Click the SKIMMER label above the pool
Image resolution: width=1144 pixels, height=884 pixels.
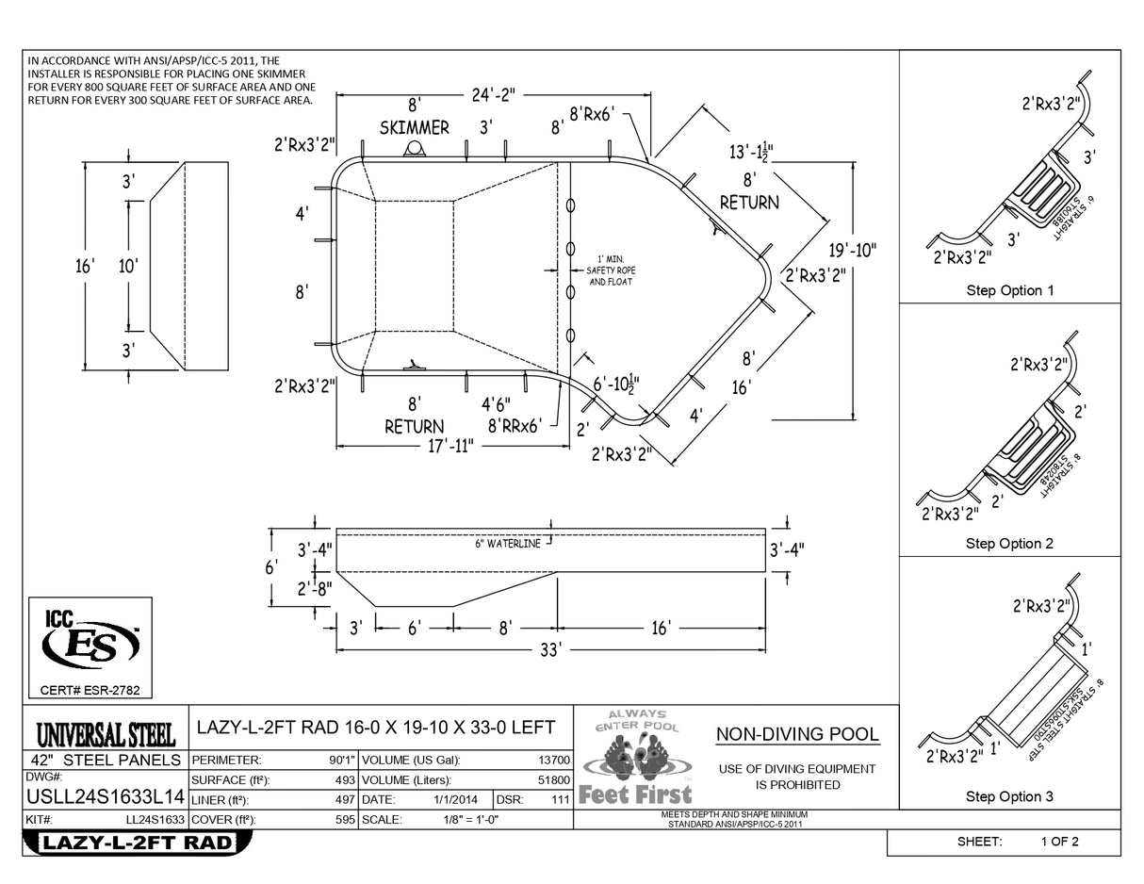click(414, 127)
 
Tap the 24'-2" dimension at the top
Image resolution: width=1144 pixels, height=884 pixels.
click(493, 94)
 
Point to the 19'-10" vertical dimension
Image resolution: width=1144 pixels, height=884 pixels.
click(852, 251)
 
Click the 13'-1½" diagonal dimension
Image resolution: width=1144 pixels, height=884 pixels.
click(750, 153)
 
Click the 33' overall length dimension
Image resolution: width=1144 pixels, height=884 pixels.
click(550, 650)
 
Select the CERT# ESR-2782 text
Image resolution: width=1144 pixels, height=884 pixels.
click(90, 691)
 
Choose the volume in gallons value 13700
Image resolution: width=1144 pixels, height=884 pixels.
click(552, 760)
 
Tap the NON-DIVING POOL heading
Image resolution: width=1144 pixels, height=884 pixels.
click(797, 734)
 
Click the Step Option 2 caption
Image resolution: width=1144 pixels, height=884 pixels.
click(1009, 544)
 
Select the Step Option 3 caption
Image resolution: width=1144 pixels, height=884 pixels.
click(1009, 796)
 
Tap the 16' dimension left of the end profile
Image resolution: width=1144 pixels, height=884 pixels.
click(84, 266)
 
